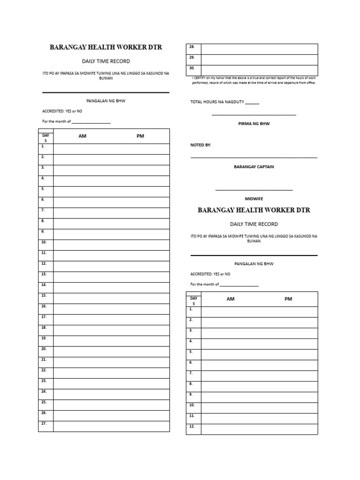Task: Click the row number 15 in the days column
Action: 44,296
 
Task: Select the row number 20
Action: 44,349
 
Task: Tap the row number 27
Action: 44,423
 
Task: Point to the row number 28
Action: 192,47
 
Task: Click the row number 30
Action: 192,68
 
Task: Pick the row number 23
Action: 44,381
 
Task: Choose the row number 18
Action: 44,328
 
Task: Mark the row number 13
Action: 44,274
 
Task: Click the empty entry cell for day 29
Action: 259,60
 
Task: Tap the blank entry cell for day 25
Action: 111,405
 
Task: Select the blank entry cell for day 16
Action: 111,309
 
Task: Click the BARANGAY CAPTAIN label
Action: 254,167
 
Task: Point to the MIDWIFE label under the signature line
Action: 254,199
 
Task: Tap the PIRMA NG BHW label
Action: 254,124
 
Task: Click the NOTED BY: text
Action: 201,145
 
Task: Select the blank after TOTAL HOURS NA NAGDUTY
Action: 252,103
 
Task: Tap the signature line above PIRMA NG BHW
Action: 254,115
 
